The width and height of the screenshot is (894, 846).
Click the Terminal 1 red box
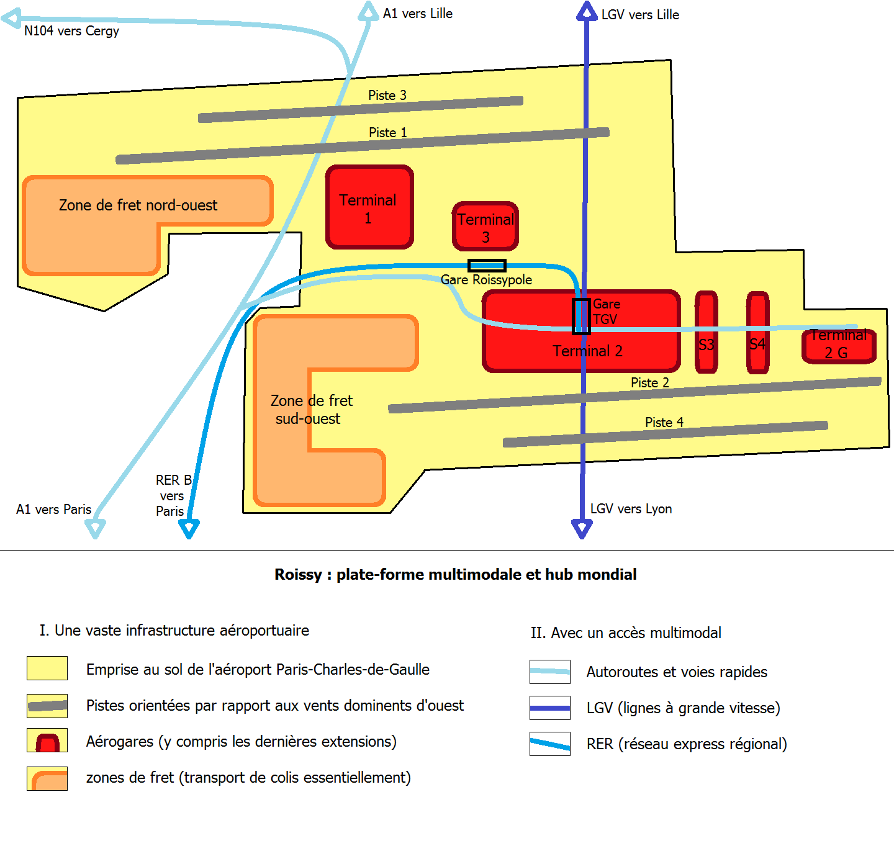click(x=369, y=207)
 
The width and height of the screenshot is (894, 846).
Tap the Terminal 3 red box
click(x=485, y=227)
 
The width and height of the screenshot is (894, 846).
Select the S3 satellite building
click(x=707, y=332)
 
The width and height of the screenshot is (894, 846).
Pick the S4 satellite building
click(x=757, y=332)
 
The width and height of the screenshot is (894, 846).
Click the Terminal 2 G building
click(x=838, y=346)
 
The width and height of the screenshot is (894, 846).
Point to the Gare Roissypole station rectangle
click(x=487, y=266)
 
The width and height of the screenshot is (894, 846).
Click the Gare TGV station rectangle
click(x=581, y=317)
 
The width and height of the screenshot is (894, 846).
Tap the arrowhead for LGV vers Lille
click(x=586, y=11)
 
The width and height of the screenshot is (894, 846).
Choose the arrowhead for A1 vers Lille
click(x=369, y=11)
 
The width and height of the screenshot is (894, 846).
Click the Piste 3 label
click(x=387, y=96)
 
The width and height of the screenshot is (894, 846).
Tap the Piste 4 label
click(x=664, y=423)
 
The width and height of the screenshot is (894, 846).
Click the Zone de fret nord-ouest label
click(x=138, y=205)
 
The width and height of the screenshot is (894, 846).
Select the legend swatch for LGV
click(x=549, y=708)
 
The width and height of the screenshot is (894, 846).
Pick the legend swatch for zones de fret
click(x=47, y=778)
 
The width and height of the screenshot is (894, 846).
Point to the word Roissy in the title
click(x=298, y=575)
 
